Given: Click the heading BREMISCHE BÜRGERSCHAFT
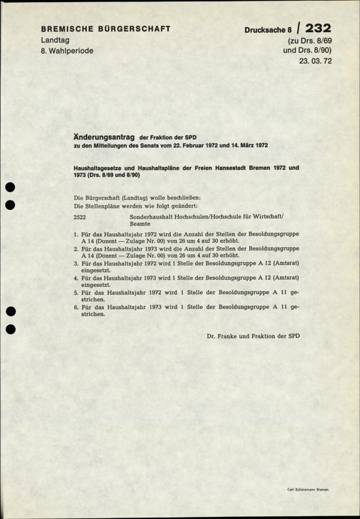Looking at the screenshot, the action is (x=104, y=29).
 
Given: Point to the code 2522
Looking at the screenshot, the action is (x=80, y=216).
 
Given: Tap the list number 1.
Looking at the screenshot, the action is (x=76, y=234).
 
